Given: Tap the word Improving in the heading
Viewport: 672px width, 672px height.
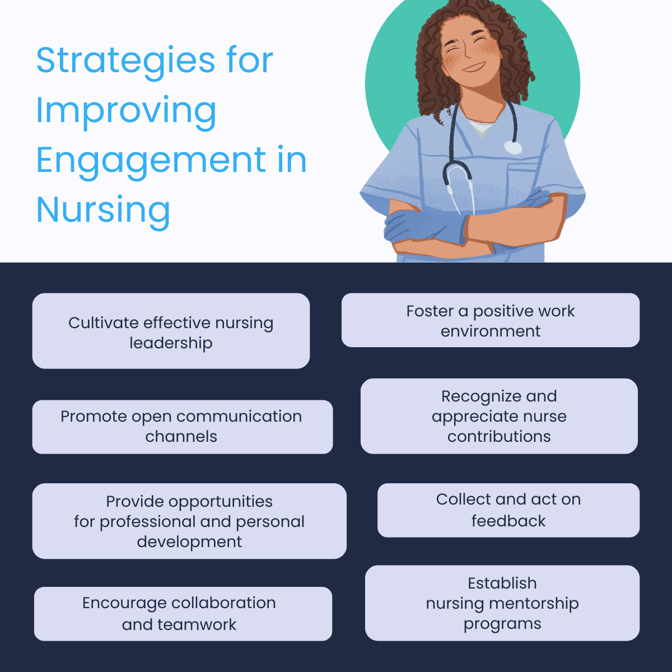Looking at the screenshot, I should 126,111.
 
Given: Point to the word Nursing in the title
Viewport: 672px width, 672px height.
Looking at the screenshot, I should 103,209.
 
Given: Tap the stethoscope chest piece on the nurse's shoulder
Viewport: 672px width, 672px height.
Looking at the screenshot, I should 512,148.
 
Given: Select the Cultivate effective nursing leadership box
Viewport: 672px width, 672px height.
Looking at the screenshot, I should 171,331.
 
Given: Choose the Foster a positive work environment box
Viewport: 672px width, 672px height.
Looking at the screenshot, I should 490,320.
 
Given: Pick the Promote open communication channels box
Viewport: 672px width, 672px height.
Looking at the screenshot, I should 182,427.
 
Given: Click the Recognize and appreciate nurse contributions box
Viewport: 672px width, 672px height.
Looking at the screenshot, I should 499,416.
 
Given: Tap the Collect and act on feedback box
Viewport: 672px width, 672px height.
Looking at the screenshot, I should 508,510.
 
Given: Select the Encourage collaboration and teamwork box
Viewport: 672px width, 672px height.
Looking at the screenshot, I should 183,614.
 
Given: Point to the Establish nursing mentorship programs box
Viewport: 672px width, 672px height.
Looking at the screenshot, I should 502,603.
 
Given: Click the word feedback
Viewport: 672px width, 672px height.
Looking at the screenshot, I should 508,521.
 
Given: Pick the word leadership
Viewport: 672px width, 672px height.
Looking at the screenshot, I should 171,343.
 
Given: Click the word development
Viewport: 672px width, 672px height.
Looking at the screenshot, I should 189,542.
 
